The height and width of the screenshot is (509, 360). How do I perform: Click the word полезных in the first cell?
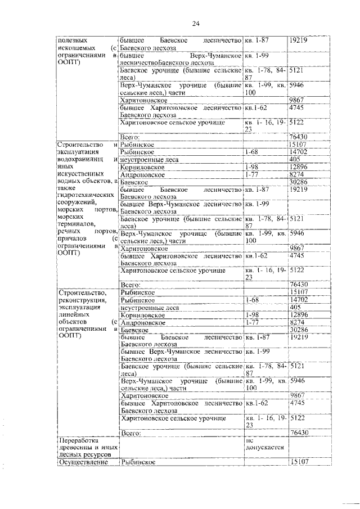point(71,40)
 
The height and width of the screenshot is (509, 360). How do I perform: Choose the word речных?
point(70,231)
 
